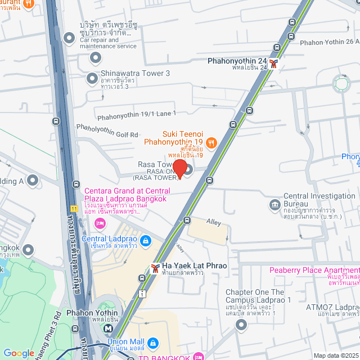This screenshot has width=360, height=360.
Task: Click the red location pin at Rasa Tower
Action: pos(179,168)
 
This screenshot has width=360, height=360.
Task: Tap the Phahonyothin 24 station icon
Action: pos(273,64)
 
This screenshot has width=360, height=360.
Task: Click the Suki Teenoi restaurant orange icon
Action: pos(211,142)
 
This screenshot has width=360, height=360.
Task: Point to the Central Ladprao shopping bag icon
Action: pos(146,241)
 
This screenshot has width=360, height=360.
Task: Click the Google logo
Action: pos(19,353)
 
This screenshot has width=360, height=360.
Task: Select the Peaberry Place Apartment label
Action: pos(313,270)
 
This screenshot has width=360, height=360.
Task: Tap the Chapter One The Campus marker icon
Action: pos(241,325)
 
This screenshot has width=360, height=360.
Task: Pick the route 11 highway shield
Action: pos(74,209)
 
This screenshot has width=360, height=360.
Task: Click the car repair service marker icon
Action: pos(69,38)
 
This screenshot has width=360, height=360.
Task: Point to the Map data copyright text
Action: pos(335,355)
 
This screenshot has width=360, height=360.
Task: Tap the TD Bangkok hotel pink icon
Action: pos(197,356)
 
